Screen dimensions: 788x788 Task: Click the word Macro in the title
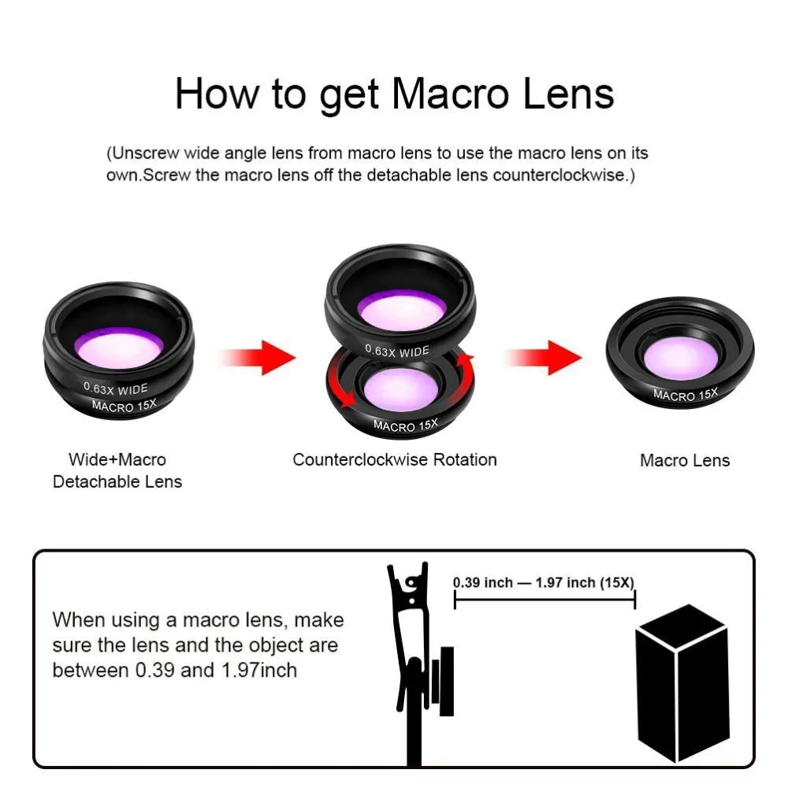(450, 94)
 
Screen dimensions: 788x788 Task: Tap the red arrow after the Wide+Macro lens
(258, 357)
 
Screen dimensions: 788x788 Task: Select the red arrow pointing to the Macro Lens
(544, 357)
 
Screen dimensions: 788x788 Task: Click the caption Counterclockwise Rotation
(395, 459)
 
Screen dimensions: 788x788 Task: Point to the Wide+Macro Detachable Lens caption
(117, 470)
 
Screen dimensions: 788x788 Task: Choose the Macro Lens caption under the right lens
(685, 460)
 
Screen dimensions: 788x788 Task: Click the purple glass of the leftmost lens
(119, 347)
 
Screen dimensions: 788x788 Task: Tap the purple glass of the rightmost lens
(681, 357)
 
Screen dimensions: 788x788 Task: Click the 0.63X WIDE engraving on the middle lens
(397, 351)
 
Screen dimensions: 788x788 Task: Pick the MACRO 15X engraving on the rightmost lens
(686, 395)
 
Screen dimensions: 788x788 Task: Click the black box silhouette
(682, 683)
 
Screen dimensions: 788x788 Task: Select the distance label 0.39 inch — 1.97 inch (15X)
(544, 582)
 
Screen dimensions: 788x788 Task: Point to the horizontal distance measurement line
(545, 600)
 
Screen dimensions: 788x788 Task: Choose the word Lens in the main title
(568, 94)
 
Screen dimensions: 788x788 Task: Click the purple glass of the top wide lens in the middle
(402, 309)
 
